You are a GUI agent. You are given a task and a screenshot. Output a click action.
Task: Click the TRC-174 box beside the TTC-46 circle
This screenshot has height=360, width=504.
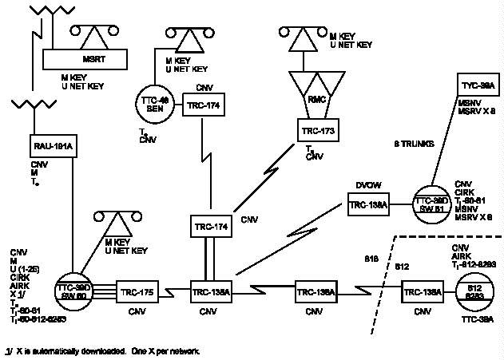click(x=202, y=105)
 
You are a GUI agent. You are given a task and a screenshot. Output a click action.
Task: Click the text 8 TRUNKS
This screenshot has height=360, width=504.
click(x=414, y=144)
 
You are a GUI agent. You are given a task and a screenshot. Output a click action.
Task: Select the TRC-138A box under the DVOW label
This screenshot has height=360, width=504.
click(x=368, y=205)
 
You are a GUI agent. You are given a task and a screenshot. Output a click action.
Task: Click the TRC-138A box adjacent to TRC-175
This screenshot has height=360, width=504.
click(x=211, y=291)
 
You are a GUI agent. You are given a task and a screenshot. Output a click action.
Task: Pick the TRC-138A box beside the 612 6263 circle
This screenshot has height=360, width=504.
click(x=422, y=292)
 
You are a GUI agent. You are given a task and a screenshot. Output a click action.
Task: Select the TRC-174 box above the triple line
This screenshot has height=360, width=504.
click(x=211, y=227)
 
